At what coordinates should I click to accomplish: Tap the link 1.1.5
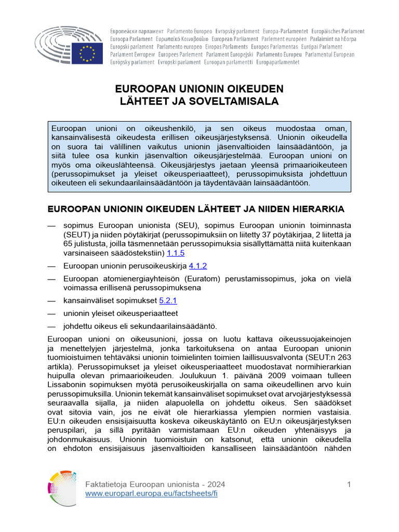(175, 253)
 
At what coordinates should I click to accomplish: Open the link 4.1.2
(197, 266)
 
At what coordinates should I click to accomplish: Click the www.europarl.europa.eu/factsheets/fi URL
(151, 494)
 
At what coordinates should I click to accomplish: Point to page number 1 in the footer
(349, 484)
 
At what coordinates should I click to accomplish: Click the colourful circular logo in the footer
(62, 488)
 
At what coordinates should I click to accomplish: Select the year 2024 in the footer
(216, 484)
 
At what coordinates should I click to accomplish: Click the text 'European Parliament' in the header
(235, 39)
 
